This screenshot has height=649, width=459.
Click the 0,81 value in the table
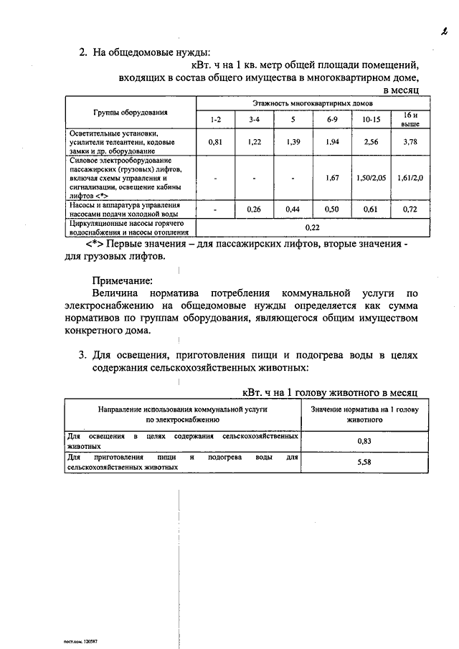click(x=215, y=142)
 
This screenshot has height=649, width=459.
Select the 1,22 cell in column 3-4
click(x=254, y=142)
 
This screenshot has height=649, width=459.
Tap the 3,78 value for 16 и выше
click(x=409, y=142)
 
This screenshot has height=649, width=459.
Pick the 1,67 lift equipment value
click(x=332, y=176)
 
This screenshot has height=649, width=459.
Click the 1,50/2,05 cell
click(x=370, y=176)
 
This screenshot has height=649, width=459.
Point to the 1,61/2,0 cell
click(x=409, y=176)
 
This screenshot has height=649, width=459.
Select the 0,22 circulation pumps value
click(x=311, y=227)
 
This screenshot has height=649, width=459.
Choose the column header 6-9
click(x=332, y=118)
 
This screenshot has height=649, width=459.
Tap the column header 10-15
click(x=370, y=118)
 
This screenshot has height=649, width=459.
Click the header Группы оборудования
click(x=130, y=113)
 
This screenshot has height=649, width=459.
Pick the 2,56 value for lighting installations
click(x=370, y=142)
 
